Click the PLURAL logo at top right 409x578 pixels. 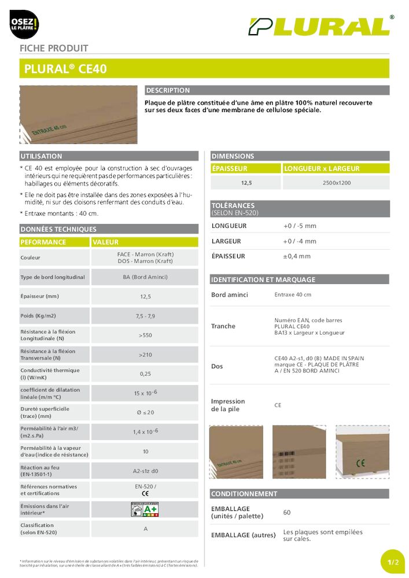tap(319, 27)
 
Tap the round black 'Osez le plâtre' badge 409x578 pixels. tap(24, 24)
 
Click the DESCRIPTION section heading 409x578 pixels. tap(168, 91)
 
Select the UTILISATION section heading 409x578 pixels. tap(41, 157)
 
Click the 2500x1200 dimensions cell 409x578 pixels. tap(336, 183)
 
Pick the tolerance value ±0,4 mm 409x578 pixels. tap(297, 256)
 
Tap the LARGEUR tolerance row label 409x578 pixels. tap(226, 241)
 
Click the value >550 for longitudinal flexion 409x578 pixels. tap(145, 335)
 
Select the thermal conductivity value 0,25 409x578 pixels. tap(145, 374)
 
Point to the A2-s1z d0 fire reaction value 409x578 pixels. tap(145, 471)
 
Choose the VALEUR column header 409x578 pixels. tap(105, 242)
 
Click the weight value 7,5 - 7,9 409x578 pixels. tap(145, 316)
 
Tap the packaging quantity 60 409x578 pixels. tap(287, 512)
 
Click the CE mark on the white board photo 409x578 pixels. tap(360, 462)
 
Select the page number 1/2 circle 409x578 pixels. tap(393, 562)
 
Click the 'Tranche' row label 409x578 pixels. tap(223, 327)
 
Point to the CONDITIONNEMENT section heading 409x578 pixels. tap(244, 494)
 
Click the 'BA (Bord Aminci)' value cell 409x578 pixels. tap(145, 277)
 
